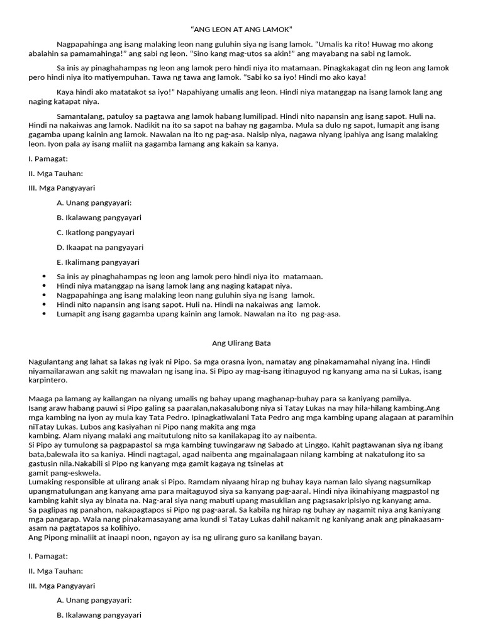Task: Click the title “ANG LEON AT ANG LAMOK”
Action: (241, 30)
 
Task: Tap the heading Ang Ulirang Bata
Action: (241, 343)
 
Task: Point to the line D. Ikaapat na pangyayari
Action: (99, 247)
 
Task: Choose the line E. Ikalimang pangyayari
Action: (98, 262)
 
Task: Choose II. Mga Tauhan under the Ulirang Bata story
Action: (55, 570)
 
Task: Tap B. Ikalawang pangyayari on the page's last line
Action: (98, 615)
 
